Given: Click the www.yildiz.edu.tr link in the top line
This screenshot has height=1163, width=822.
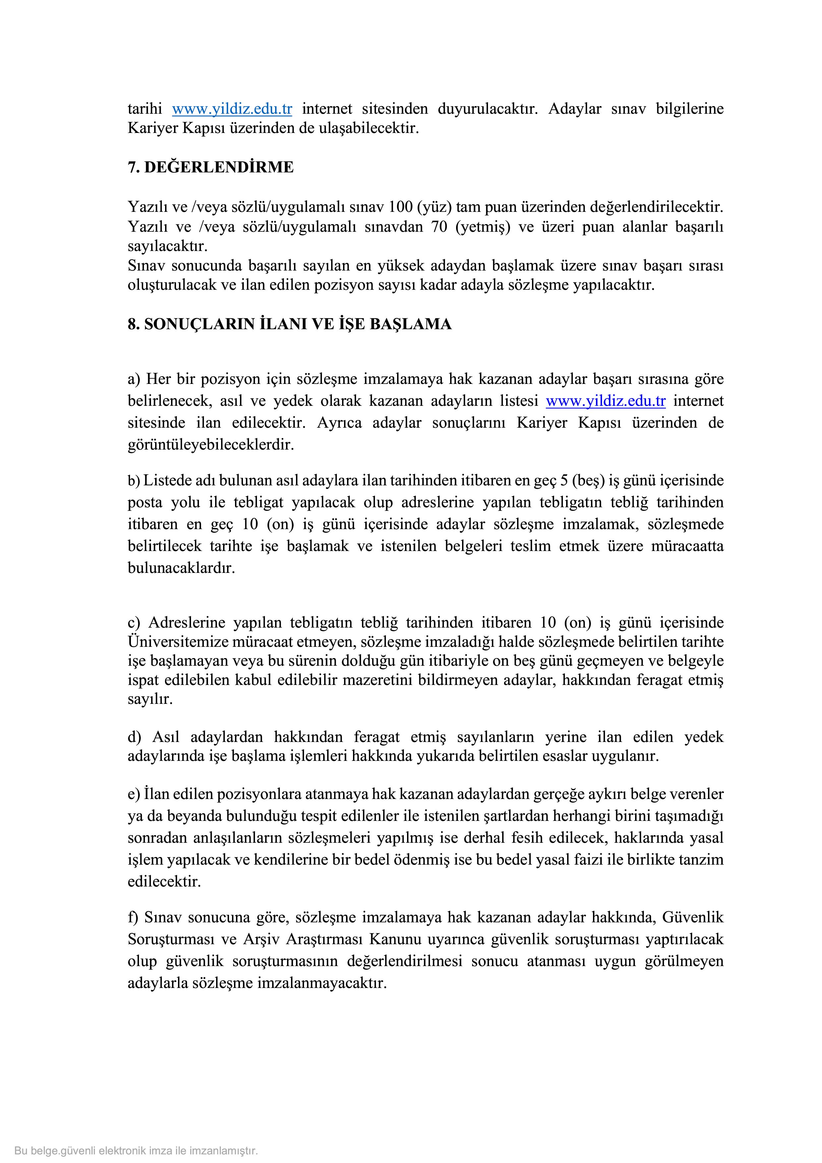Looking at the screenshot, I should tap(232, 109).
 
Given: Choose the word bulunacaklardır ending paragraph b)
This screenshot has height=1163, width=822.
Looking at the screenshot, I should tap(181, 568).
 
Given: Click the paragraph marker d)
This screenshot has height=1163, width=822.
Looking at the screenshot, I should tap(134, 737).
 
